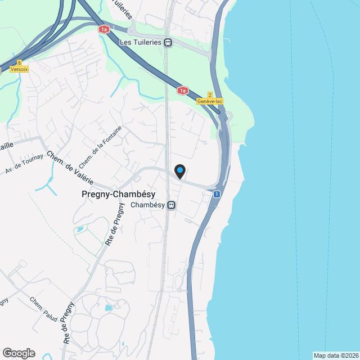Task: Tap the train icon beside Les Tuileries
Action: coord(168,42)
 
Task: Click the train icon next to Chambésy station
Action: coord(170,205)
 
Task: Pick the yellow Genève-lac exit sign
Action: coord(210,101)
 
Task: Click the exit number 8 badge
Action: coord(20,62)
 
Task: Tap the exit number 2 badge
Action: coord(210,94)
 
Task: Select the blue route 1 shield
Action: coord(217,194)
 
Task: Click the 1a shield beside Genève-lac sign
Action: coord(182,89)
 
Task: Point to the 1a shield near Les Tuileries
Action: coord(103,29)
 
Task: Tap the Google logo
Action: coord(19,353)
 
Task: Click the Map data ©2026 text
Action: coord(335,355)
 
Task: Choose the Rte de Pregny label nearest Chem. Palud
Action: coord(69,322)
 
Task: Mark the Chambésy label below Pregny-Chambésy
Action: coord(147,205)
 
